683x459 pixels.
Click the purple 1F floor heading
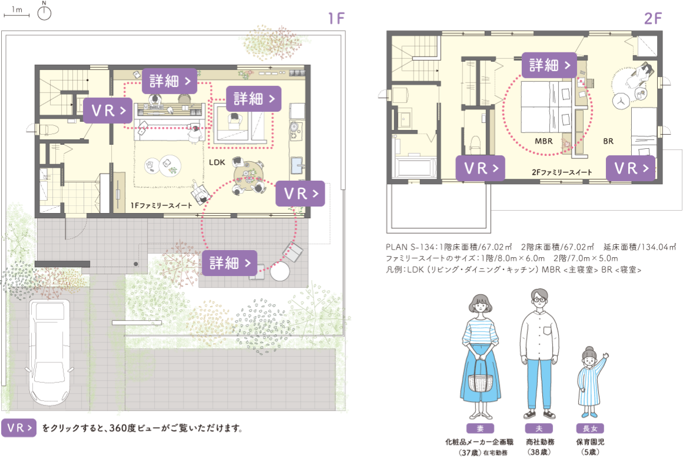336,18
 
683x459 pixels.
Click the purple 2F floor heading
652,18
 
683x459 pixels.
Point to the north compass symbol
44,12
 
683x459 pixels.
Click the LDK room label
217,162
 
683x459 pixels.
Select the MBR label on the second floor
544,141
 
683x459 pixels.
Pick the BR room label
608,141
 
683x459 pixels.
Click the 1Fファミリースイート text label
162,205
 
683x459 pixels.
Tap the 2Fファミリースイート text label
562,172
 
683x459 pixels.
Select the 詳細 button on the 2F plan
549,65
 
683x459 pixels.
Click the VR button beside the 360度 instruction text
19,428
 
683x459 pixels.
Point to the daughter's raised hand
605,356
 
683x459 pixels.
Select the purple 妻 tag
480,428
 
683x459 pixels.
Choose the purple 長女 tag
590,428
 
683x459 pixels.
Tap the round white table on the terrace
279,271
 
